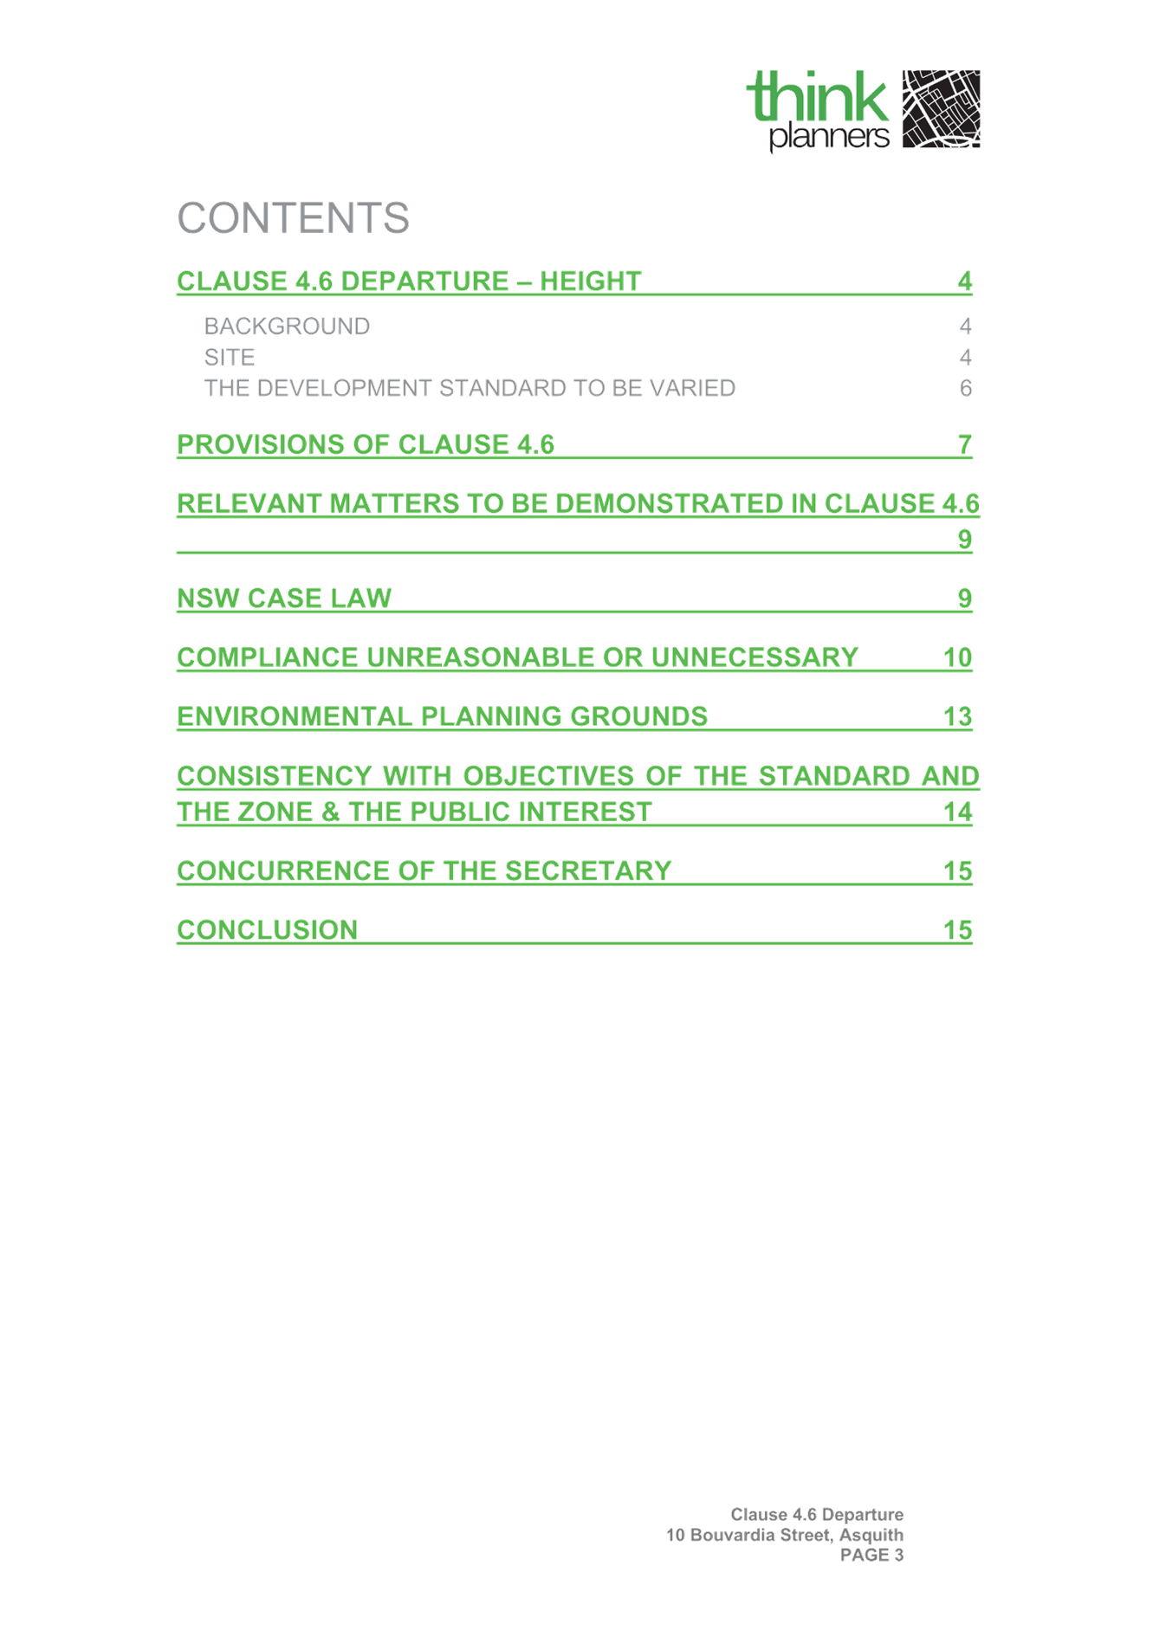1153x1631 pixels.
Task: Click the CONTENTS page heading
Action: click(x=293, y=217)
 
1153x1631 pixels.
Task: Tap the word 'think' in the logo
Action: click(x=818, y=96)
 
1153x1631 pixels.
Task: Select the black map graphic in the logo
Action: click(x=941, y=109)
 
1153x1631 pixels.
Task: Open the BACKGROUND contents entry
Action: click(x=287, y=327)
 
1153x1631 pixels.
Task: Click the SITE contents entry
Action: click(x=230, y=358)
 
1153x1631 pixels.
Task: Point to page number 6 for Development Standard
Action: click(x=965, y=388)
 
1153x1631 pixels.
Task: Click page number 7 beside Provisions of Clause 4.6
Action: click(x=965, y=444)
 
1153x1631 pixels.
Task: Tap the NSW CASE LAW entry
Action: click(x=284, y=599)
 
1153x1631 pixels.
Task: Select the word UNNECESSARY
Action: click(x=755, y=657)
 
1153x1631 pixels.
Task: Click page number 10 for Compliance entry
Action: click(x=957, y=657)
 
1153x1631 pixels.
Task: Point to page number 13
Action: click(x=957, y=716)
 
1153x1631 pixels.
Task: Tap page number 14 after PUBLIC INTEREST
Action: click(x=957, y=812)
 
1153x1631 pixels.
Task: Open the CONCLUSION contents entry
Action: click(x=268, y=930)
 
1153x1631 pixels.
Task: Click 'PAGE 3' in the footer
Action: click(x=871, y=1555)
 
